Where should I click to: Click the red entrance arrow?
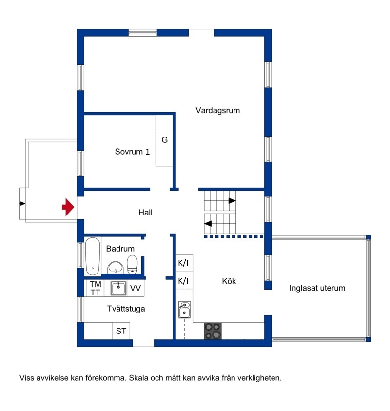[68, 207]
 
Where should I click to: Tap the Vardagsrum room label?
[217, 110]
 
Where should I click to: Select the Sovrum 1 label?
[132, 152]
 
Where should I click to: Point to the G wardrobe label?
[165, 140]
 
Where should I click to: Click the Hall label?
[145, 212]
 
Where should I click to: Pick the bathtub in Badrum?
[93, 256]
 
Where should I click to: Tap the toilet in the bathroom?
[132, 264]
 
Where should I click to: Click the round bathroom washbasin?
[116, 268]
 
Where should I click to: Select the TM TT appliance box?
[96, 288]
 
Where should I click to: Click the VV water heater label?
[136, 288]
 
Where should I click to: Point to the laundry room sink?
[118, 288]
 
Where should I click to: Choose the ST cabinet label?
[121, 331]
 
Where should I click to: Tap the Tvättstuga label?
[126, 309]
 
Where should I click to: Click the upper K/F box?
[184, 263]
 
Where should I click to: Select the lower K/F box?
[184, 281]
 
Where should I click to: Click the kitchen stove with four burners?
[213, 331]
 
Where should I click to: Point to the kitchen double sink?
[184, 310]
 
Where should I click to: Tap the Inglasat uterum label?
[317, 288]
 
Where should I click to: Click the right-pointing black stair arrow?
[232, 201]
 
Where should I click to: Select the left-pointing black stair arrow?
[208, 224]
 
